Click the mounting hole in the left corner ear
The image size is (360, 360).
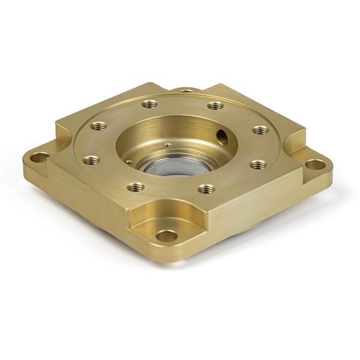tap(40, 158)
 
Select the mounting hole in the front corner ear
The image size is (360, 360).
tap(167, 235)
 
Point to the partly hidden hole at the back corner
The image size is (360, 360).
tap(187, 91)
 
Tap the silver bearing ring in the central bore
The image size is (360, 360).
tap(174, 167)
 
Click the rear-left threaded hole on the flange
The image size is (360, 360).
tap(150, 104)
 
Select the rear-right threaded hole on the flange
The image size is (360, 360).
tap(215, 106)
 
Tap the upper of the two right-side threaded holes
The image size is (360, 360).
tap(260, 130)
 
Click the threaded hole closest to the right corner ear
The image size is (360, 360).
tap(257, 164)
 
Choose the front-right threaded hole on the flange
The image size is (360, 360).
tap(206, 189)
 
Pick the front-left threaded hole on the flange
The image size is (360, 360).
tap(136, 187)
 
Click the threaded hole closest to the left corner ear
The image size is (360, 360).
tap(91, 160)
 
